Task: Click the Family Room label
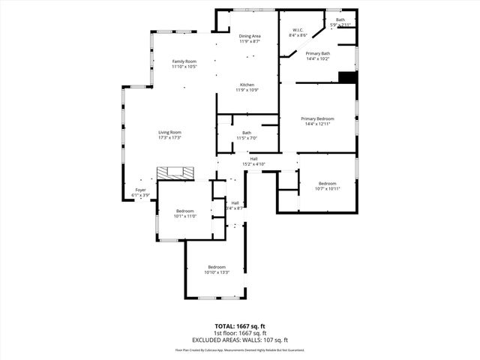[184, 64]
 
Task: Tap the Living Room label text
[169, 135]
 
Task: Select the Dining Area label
[250, 38]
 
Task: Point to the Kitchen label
[249, 87]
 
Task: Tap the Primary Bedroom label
[317, 121]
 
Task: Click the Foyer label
[141, 192]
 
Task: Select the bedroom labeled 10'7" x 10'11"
[327, 186]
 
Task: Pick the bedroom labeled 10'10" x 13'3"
[217, 270]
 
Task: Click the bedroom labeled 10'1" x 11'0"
[185, 214]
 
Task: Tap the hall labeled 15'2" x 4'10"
[254, 161]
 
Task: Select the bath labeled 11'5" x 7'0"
[247, 136]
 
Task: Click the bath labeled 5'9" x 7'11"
[340, 22]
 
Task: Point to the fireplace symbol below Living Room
[176, 173]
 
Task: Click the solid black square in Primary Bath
[346, 76]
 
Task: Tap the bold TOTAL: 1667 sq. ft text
[240, 327]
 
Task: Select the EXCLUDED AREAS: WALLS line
[240, 339]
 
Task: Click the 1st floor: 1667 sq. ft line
[240, 333]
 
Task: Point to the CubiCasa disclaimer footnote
[240, 349]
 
